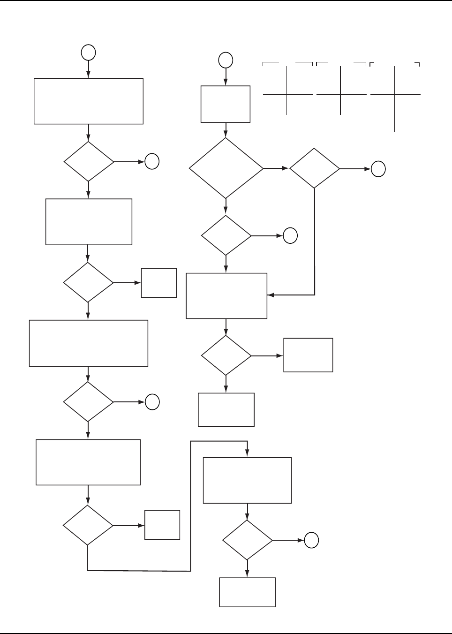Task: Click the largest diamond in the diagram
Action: click(226, 168)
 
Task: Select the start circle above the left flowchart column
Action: click(89, 53)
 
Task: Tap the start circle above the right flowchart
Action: click(226, 60)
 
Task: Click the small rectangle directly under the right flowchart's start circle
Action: click(226, 104)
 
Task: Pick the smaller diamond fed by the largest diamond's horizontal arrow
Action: click(315, 168)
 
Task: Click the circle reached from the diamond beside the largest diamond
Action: click(378, 169)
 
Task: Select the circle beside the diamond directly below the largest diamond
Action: click(290, 235)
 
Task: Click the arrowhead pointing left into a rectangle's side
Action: click(271, 295)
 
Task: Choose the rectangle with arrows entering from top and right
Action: click(226, 296)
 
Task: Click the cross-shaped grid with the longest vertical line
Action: click(395, 96)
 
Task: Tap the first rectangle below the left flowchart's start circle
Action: click(89, 101)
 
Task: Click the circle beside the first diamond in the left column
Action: click(152, 162)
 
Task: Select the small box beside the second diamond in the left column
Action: click(159, 283)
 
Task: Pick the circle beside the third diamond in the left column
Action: click(152, 402)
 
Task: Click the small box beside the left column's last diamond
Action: click(162, 525)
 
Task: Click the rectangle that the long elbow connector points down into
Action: click(247, 481)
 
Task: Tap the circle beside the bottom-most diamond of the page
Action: click(311, 541)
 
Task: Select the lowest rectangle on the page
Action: click(247, 592)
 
